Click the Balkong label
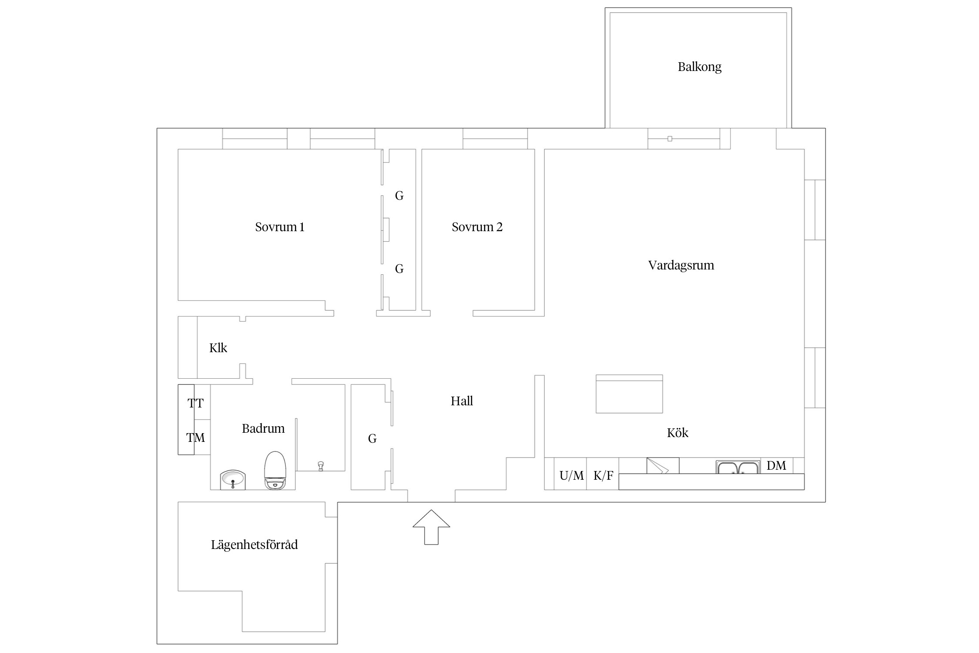699,67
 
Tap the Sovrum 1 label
280,227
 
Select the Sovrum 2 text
477,227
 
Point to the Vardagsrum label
681,266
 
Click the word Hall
462,401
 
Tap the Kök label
677,433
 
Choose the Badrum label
263,428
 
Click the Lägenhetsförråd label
255,545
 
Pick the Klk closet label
218,348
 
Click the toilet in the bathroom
275,471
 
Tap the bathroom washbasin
233,480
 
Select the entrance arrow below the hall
431,527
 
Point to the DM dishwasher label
776,466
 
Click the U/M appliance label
571,476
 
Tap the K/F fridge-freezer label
603,476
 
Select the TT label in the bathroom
195,404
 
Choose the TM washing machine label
195,438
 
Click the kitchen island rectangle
629,394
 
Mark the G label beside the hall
372,439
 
